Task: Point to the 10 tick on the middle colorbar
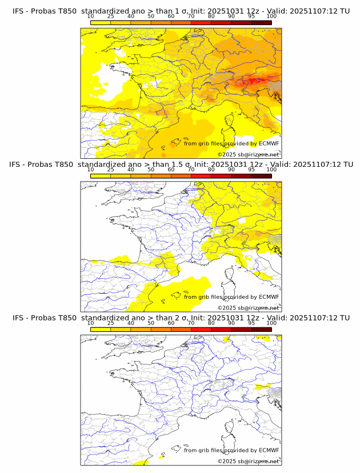point(91,169)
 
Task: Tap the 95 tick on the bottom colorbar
point(251,323)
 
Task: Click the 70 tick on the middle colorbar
point(191,169)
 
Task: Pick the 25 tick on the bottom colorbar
point(111,323)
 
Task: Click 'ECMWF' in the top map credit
point(269,143)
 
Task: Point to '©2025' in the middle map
point(226,308)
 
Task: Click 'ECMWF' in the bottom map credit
point(269,450)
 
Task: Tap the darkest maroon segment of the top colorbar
point(262,22)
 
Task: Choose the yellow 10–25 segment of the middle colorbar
point(101,175)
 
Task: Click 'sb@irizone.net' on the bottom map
point(258,461)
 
